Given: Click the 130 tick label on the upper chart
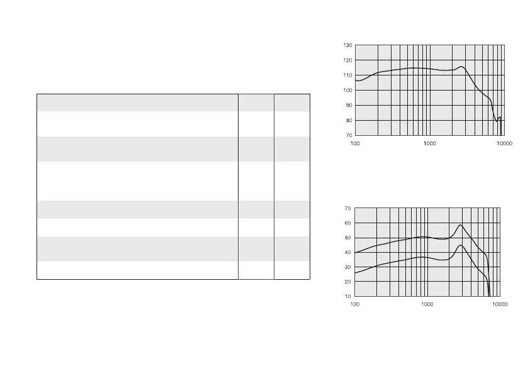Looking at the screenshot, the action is (347, 45).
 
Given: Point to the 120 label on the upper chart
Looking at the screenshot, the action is (347, 60).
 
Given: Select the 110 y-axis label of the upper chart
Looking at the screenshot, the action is (347, 75).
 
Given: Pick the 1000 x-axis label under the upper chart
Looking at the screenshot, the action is (430, 144).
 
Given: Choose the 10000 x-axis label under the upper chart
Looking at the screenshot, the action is (504, 144).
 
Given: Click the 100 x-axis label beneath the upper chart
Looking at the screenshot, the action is (356, 144).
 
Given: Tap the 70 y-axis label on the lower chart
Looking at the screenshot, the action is (347, 208).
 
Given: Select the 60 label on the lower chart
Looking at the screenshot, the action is (347, 223).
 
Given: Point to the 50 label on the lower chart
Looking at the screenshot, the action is (347, 238).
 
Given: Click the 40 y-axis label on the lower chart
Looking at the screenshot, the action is (347, 252).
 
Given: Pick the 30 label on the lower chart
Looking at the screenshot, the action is (347, 267).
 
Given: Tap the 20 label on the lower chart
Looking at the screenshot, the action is (347, 282).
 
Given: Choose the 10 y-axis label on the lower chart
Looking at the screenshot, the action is (347, 296).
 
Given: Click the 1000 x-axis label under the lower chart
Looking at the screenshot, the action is (427, 304).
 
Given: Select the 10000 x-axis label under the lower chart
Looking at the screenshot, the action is (499, 304).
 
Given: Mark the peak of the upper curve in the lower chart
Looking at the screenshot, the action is (461, 225).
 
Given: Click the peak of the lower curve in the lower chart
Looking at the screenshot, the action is (461, 245).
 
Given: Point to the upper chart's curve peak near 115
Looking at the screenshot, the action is (461, 67).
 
